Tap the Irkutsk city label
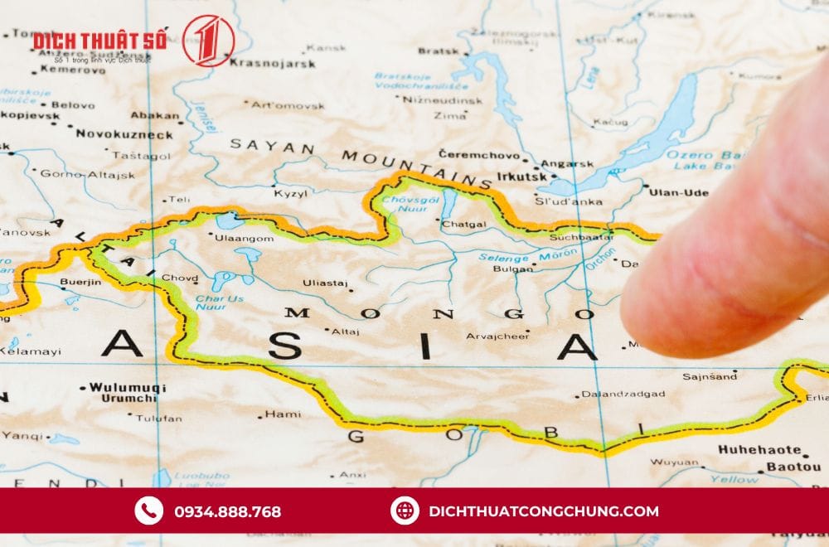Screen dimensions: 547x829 pos(522,177)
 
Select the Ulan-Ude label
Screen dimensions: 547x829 pos(679,192)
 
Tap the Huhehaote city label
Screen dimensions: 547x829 pos(759,452)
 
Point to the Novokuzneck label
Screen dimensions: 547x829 pos(124,134)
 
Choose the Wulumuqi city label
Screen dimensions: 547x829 pos(128,387)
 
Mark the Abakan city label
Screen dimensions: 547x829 pos(155,116)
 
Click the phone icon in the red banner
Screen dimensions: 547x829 pos(149,511)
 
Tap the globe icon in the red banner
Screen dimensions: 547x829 pos(404,511)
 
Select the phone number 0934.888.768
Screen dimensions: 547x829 pos(227,511)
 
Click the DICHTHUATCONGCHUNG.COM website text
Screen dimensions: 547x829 pos(544,511)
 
